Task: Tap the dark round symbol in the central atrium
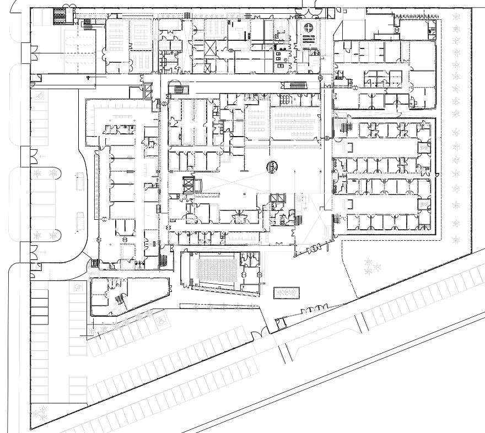tap(273, 166)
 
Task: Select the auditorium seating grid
tap(216, 270)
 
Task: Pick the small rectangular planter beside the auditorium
tap(287, 293)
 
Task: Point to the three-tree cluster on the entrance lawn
tap(373, 267)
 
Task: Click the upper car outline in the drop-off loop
tap(80, 181)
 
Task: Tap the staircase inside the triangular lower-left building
tap(118, 300)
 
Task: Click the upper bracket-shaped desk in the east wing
tap(350, 147)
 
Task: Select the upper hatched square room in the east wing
tap(424, 147)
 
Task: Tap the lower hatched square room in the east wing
tap(424, 204)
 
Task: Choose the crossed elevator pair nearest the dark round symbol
tap(277, 200)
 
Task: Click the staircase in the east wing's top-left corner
tap(346, 127)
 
